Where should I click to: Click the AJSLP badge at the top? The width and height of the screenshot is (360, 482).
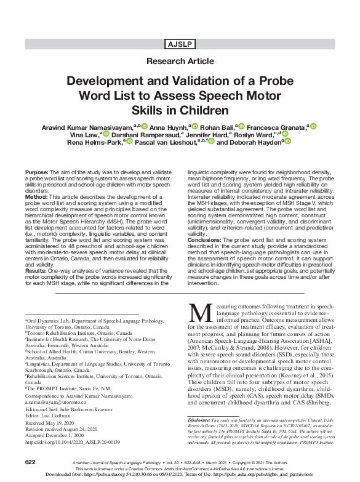point(179,44)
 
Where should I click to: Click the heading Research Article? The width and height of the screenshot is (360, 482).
point(179,62)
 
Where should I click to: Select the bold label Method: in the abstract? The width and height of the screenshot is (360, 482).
point(35,196)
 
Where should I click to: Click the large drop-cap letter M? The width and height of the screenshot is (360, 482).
point(199,315)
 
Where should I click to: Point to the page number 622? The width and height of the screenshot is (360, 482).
point(31,461)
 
